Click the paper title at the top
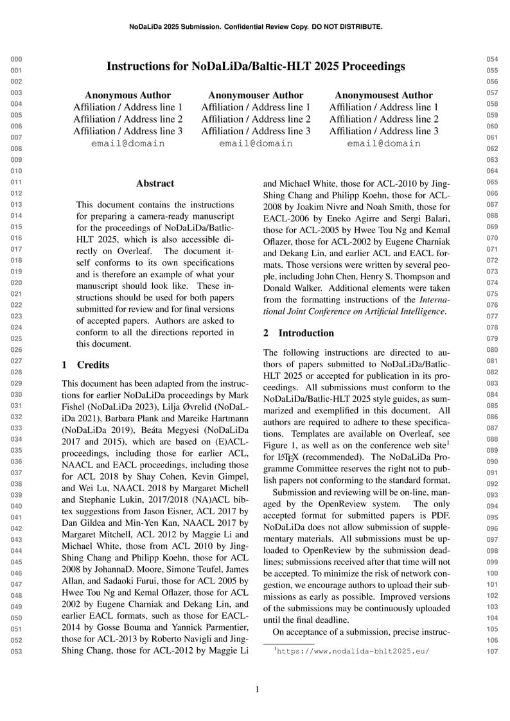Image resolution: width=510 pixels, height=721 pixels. [256, 66]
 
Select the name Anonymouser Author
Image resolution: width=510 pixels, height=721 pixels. [256, 95]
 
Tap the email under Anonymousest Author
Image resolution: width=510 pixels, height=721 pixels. [383, 143]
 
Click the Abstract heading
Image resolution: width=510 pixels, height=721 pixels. [155, 184]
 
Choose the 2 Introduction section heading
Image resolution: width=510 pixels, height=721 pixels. [299, 333]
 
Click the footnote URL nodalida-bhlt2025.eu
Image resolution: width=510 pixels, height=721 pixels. [351, 650]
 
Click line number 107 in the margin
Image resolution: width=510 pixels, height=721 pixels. [492, 652]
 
